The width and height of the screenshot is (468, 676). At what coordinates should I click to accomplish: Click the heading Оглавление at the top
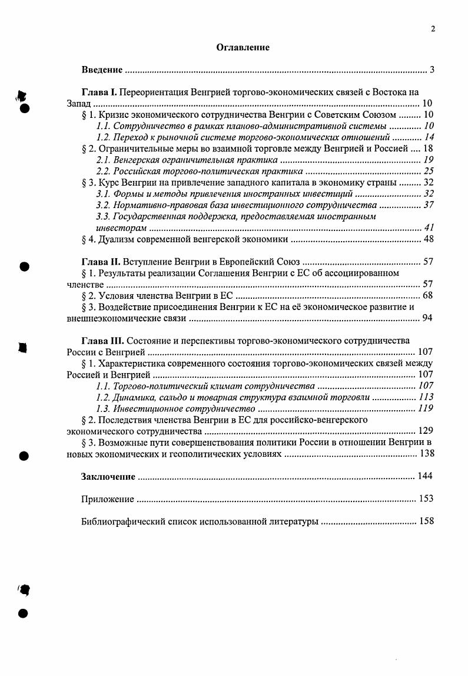244,48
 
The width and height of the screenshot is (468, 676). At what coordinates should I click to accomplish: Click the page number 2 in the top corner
433,28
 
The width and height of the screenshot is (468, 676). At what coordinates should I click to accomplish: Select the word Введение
102,70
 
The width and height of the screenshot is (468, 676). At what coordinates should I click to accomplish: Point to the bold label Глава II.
101,261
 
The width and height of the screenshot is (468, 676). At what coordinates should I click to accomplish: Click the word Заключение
108,476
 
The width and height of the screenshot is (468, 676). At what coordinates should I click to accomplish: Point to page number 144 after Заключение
425,476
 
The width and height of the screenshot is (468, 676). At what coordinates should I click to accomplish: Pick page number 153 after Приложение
426,499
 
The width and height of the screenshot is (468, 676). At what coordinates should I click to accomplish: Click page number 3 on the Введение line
432,70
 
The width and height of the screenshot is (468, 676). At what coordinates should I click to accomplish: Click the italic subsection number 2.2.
104,172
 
